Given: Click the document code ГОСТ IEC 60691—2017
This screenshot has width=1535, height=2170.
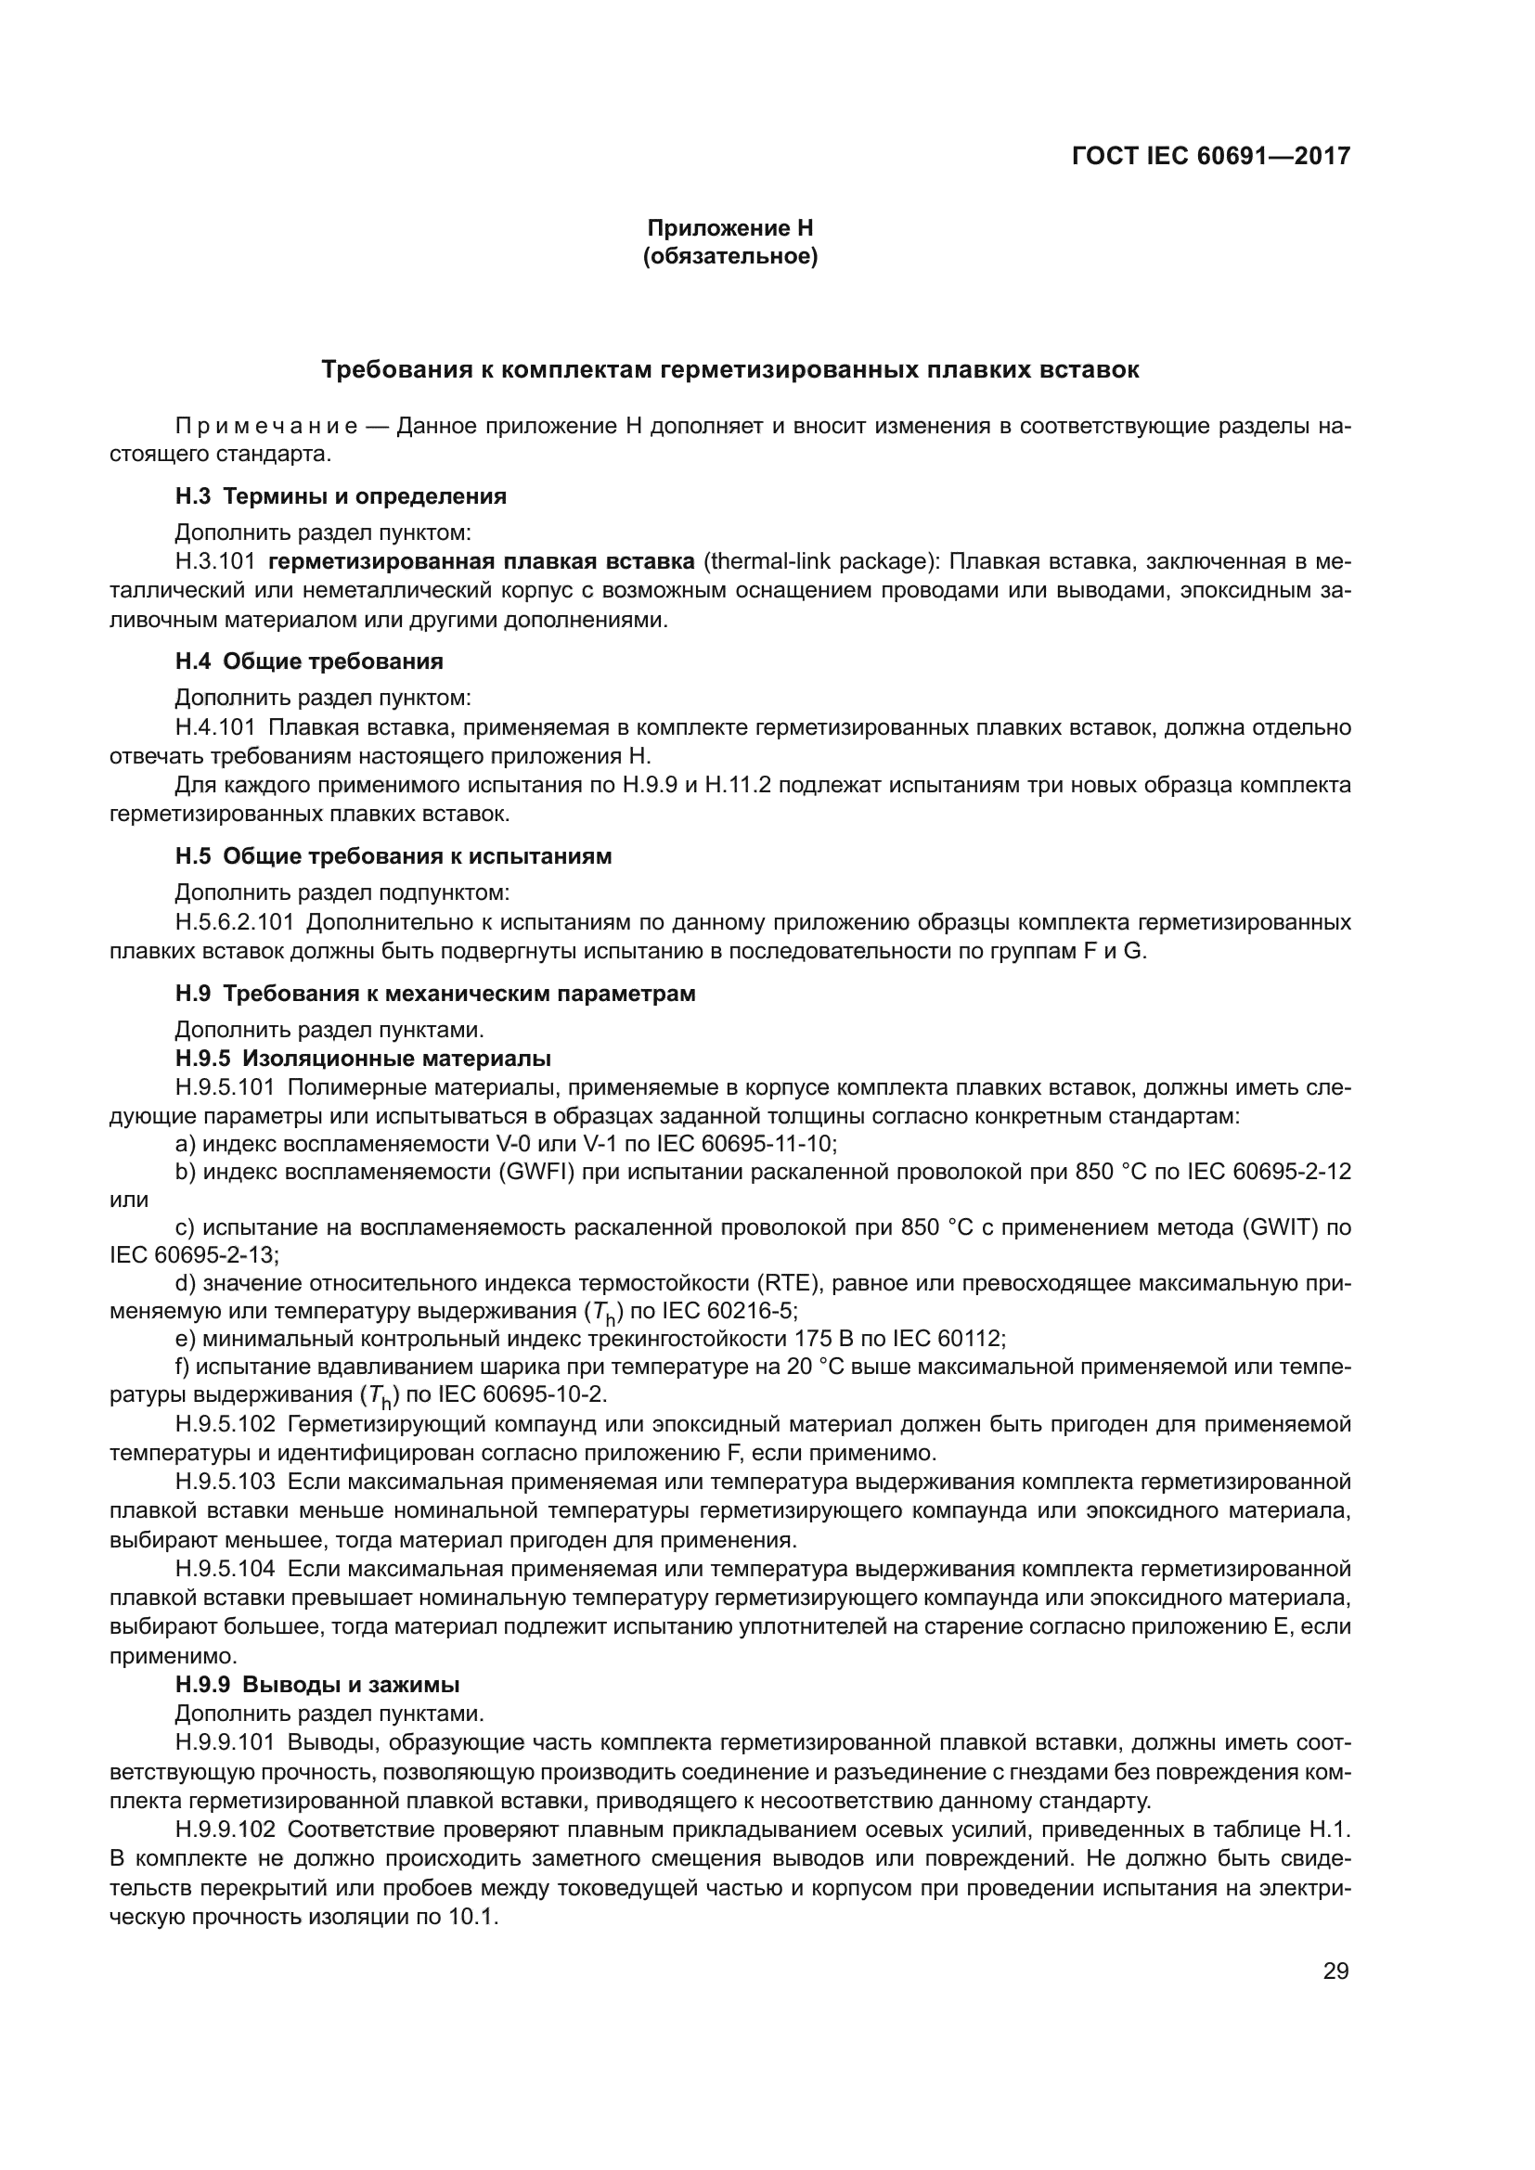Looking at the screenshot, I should tap(1211, 156).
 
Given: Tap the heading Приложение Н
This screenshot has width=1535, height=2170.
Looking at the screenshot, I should tap(729, 228).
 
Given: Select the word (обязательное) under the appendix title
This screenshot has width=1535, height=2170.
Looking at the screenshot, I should tap(729, 256).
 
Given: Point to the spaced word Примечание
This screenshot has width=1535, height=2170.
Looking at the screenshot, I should tap(266, 426).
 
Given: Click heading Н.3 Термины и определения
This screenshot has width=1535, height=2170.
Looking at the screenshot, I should tap(341, 496).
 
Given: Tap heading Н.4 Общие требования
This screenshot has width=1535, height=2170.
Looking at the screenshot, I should tap(309, 661).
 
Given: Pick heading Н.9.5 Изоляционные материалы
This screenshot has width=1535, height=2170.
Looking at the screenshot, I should tap(363, 1059).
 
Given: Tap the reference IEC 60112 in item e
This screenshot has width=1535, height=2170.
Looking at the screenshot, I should tap(925, 1339).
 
